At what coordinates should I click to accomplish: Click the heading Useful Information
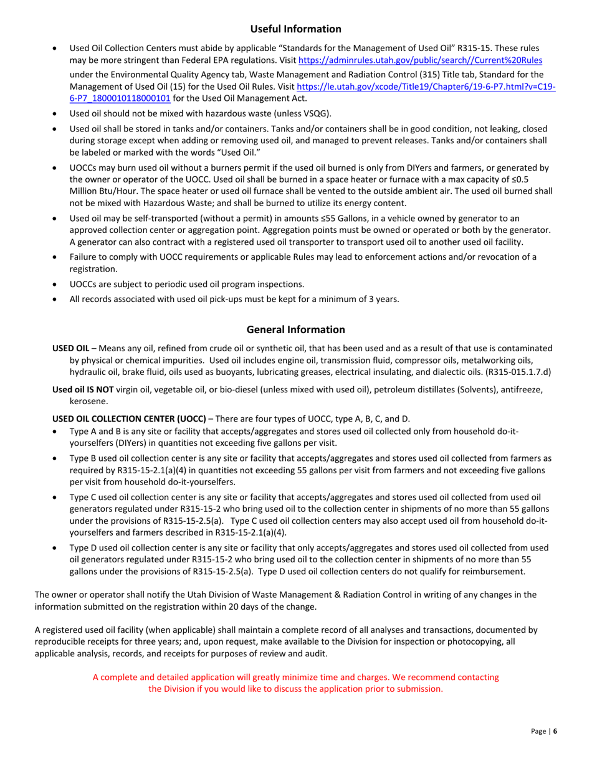[x=296, y=29]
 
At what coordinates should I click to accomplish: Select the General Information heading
[x=296, y=329]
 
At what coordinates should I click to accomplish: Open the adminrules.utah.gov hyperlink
[x=420, y=60]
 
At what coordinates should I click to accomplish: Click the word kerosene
[x=87, y=402]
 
